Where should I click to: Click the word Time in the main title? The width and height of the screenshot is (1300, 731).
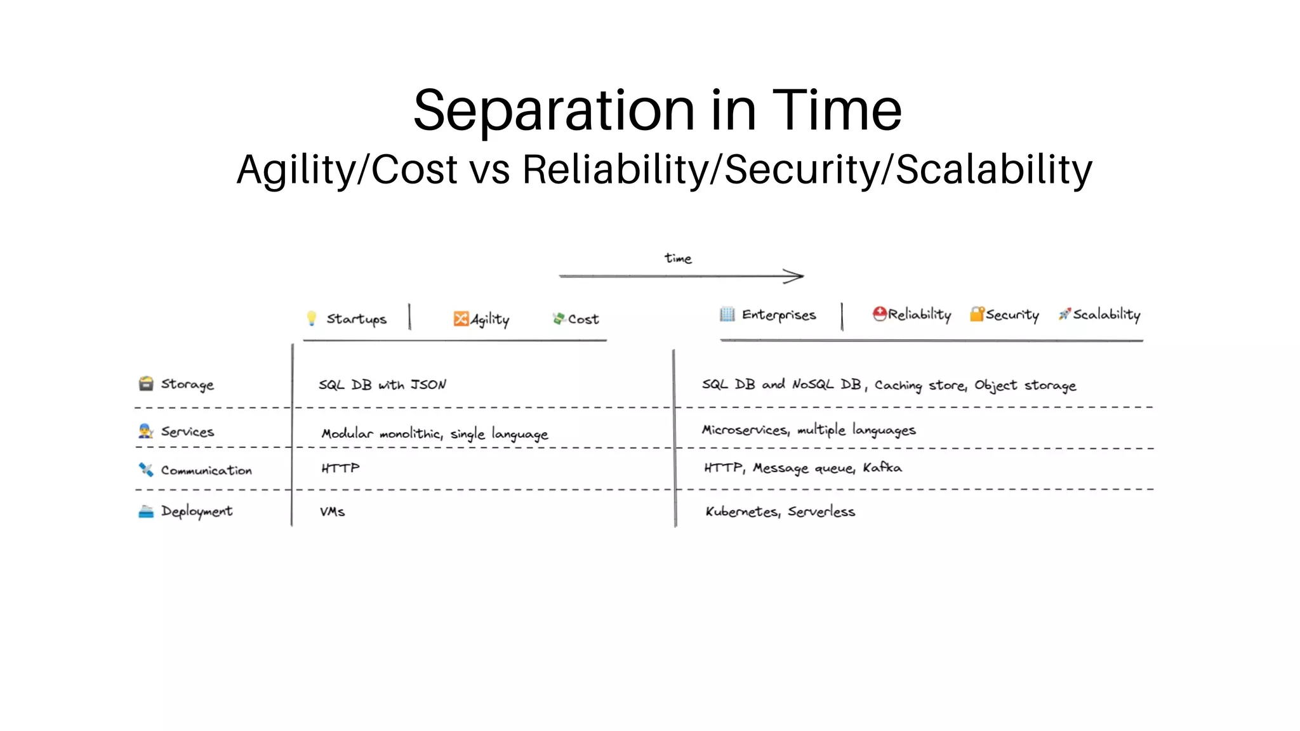point(836,110)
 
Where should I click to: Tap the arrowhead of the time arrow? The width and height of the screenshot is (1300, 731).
point(796,276)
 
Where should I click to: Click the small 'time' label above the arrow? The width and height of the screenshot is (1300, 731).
point(678,258)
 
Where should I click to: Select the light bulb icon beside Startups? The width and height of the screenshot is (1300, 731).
point(311,318)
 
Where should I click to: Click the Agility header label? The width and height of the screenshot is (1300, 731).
point(489,319)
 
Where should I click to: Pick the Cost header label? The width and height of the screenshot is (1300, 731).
point(583,319)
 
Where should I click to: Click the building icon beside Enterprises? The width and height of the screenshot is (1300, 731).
point(727,314)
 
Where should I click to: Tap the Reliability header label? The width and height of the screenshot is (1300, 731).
point(919,314)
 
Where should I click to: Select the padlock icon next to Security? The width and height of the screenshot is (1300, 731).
point(976,314)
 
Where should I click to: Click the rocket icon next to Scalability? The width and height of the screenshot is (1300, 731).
point(1065,314)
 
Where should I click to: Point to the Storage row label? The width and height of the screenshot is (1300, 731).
point(187,385)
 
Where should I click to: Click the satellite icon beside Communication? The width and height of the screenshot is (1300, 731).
point(146,470)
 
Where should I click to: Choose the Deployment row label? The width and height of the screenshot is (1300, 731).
point(196,511)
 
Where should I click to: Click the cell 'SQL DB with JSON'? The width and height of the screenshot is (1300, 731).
point(382,385)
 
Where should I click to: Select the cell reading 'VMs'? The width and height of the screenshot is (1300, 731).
point(332,511)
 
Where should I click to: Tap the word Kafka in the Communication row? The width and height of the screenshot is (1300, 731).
point(882,468)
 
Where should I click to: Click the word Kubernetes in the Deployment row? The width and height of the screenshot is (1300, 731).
point(741,511)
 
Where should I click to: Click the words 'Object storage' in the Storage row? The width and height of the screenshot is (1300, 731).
point(1025,385)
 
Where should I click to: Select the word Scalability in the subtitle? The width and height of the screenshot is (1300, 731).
point(994,170)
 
